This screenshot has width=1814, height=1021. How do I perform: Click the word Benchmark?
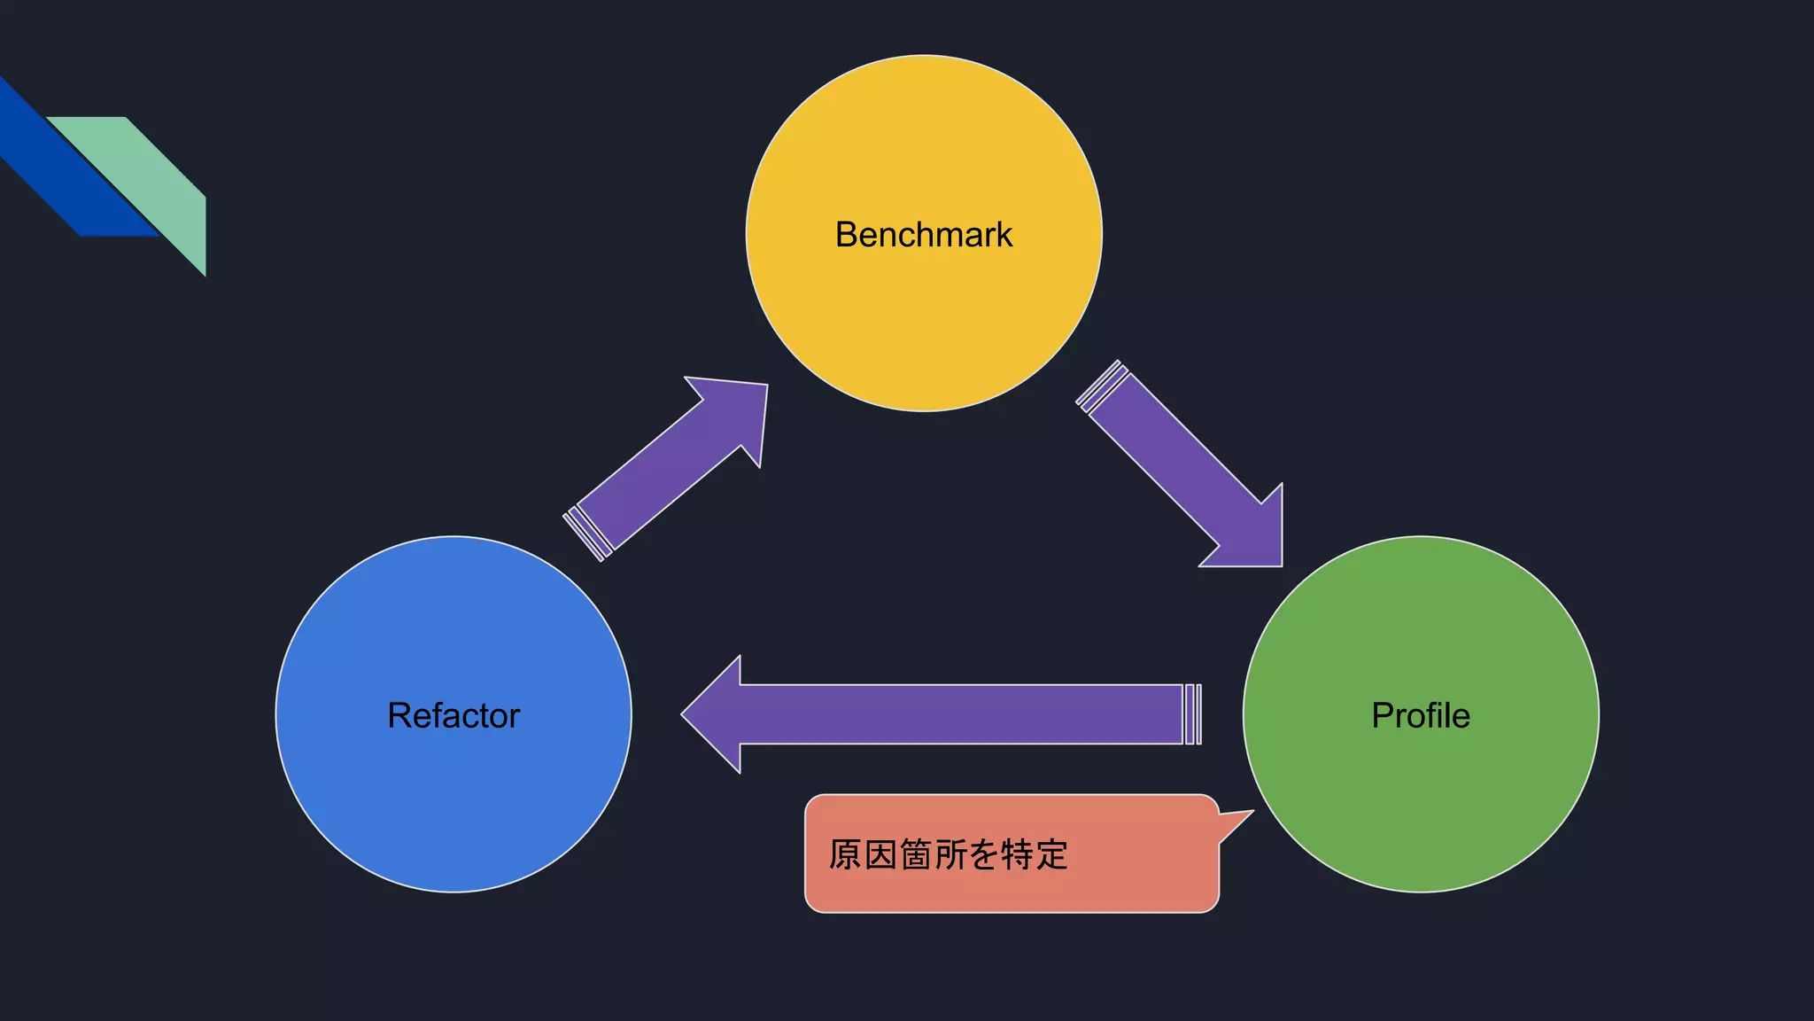pyautogui.click(x=923, y=235)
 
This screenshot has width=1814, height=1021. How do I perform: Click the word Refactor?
pyautogui.click(x=453, y=715)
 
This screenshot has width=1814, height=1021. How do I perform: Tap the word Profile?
pyautogui.click(x=1420, y=715)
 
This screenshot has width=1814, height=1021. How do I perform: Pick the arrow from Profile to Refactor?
pyautogui.click(x=957, y=714)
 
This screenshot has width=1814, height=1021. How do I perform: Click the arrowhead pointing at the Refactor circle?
pyautogui.click(x=713, y=714)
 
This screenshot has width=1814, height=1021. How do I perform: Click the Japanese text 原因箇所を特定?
pyautogui.click(x=948, y=855)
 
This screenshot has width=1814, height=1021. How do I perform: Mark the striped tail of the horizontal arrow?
pyautogui.click(x=1193, y=714)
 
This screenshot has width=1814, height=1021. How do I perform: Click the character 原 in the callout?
pyautogui.click(x=845, y=855)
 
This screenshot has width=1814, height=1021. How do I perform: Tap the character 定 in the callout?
pyautogui.click(x=1051, y=855)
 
